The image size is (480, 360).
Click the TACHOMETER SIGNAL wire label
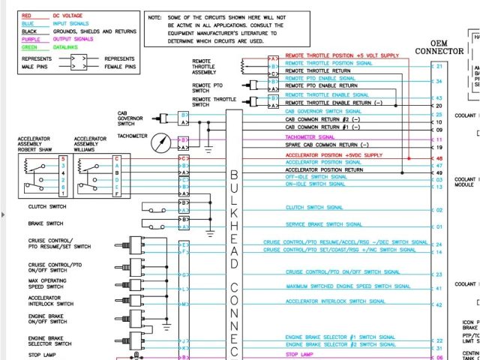click(x=310, y=138)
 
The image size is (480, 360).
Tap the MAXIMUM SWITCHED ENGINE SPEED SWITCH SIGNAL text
click(x=348, y=286)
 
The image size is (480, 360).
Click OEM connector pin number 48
click(x=439, y=158)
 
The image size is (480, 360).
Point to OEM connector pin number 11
click(x=439, y=140)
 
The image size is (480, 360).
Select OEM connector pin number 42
click(x=439, y=304)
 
